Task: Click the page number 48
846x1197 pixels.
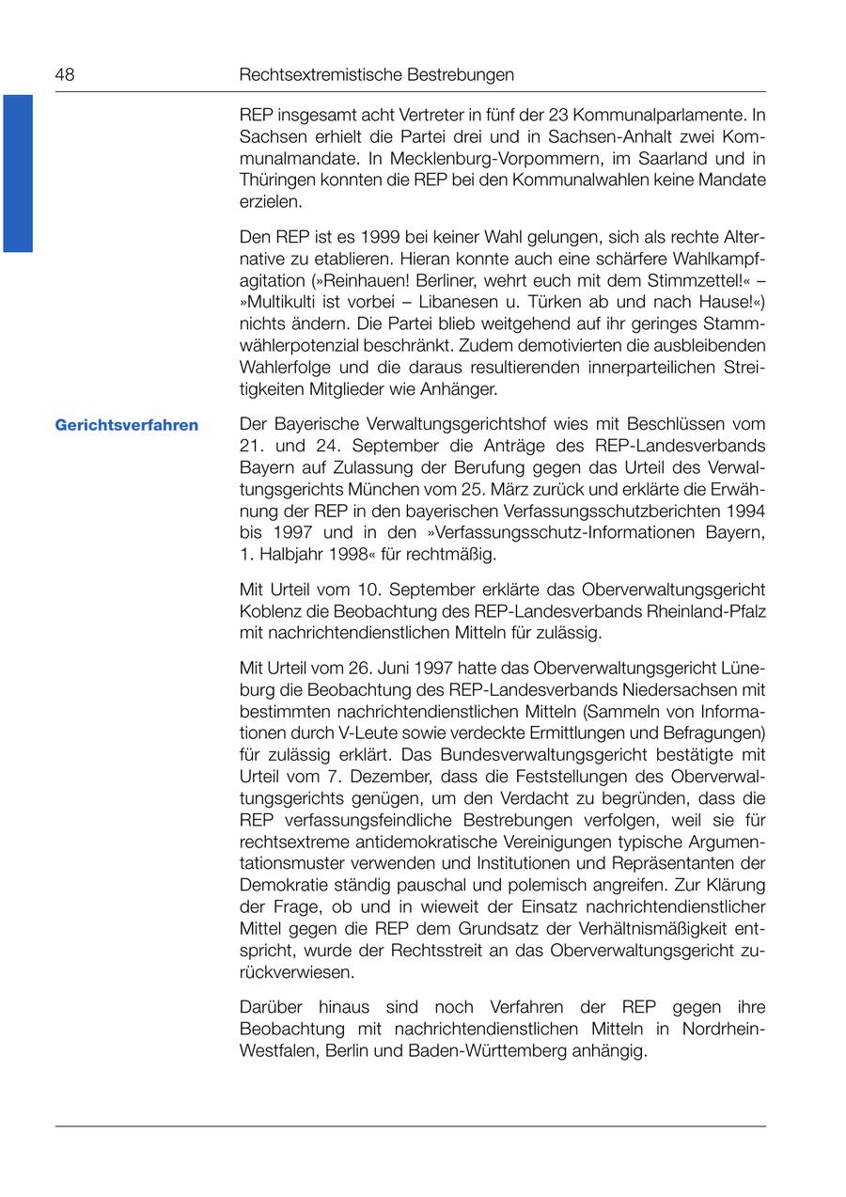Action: [x=65, y=74]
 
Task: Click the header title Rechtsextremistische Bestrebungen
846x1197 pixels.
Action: [x=377, y=74]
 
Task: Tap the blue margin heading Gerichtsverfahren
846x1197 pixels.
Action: [x=127, y=425]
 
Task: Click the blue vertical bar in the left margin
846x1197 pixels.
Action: [x=18, y=173]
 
